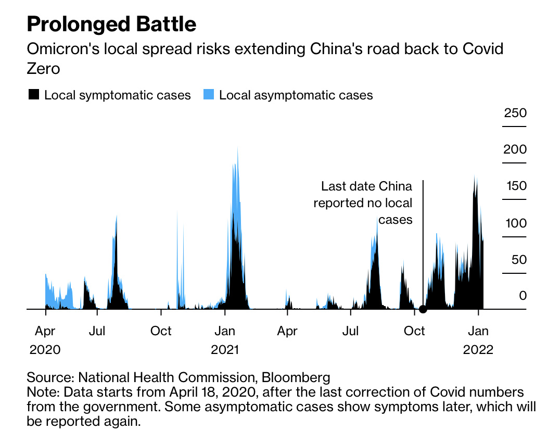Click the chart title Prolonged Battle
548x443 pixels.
112,24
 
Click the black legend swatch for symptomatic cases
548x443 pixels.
34,95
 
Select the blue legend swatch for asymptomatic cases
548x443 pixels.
209,95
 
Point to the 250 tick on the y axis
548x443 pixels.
515,113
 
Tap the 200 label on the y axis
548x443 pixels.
515,150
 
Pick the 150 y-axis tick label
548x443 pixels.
515,186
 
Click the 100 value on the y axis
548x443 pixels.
515,223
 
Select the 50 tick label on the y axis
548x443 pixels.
515,260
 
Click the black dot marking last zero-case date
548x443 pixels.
423,309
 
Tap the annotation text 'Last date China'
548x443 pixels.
366,186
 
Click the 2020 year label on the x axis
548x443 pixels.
45,349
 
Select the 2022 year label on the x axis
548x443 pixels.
478,349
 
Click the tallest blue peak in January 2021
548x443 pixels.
237,148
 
